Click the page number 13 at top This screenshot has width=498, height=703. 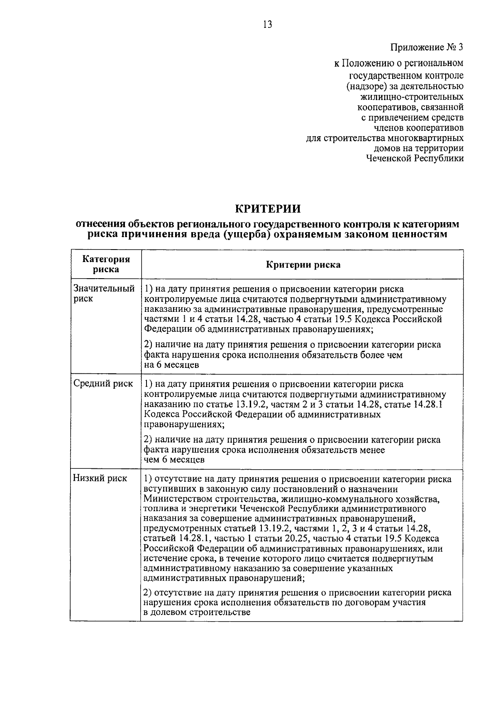click(x=267, y=24)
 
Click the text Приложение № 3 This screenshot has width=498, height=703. click(x=427, y=47)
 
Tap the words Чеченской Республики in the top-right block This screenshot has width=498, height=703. click(x=415, y=158)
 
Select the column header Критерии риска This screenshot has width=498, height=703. click(x=303, y=265)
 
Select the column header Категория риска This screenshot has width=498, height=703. click(x=106, y=264)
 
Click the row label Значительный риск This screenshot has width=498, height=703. click(x=104, y=293)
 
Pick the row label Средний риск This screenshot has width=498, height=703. click(x=103, y=383)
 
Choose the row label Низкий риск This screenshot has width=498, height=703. click(x=100, y=478)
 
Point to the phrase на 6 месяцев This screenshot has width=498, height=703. click(x=171, y=365)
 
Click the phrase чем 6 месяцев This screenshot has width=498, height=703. click(x=174, y=460)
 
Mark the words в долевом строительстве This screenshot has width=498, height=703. click(x=197, y=612)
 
